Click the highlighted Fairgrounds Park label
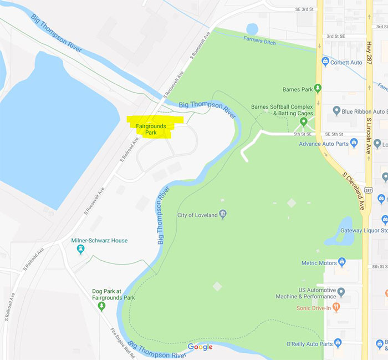tap(151, 129)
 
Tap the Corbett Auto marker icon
tap(325, 62)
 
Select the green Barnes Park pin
tap(318, 88)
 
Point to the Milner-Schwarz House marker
tap(81, 250)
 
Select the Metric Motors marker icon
tap(343, 262)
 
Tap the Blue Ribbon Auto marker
tap(336, 111)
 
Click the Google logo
tap(200, 347)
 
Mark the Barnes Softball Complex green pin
tap(303, 121)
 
